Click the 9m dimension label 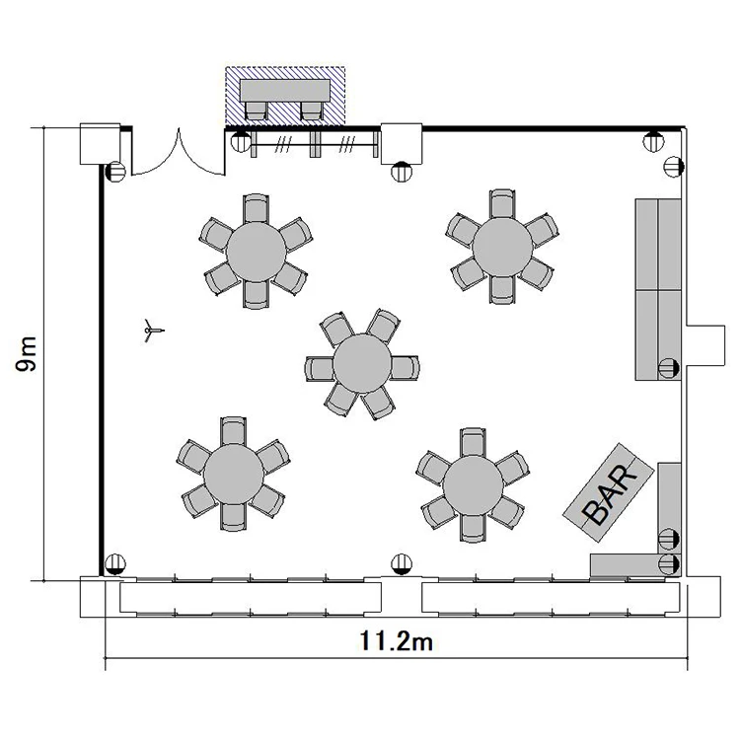coord(26,354)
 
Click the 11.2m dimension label coord(396,641)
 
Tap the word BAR coord(610,493)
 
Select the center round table coord(362,364)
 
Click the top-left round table coord(257,252)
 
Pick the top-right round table coord(502,248)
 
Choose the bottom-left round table coord(234,474)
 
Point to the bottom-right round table coord(473,485)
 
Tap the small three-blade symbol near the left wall coord(152,330)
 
